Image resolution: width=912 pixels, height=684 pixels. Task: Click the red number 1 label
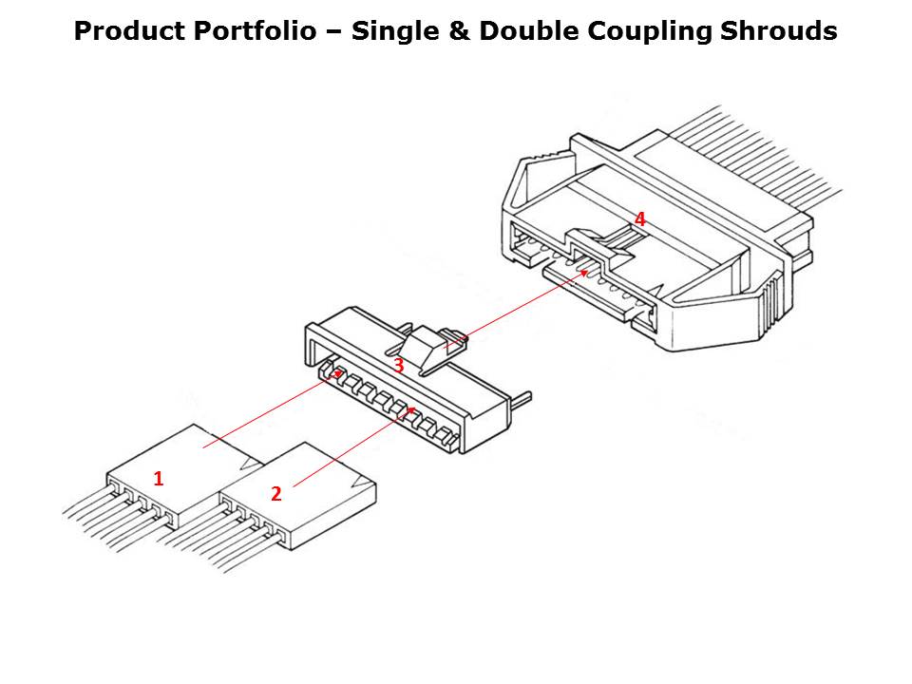(x=159, y=479)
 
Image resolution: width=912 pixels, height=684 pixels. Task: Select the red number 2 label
(x=275, y=493)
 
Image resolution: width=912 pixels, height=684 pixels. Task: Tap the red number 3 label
(x=399, y=365)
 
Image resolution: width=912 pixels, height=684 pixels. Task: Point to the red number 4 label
(x=640, y=219)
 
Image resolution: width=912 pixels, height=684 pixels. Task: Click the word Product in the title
(x=128, y=32)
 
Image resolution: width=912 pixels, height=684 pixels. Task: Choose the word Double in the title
(x=521, y=32)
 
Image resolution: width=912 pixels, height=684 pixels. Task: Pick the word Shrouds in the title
(x=781, y=32)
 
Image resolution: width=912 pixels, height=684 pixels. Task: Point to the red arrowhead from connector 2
(x=410, y=410)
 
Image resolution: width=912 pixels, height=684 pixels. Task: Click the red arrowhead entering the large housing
(x=583, y=273)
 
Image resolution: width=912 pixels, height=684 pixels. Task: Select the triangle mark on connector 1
(x=253, y=463)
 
